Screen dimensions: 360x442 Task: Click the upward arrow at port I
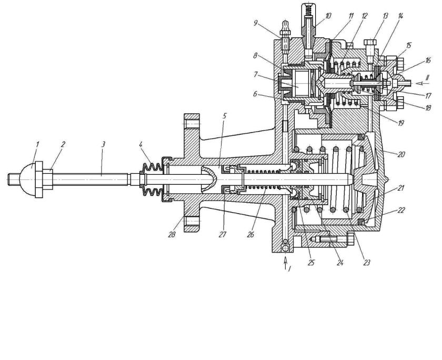tap(285, 259)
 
